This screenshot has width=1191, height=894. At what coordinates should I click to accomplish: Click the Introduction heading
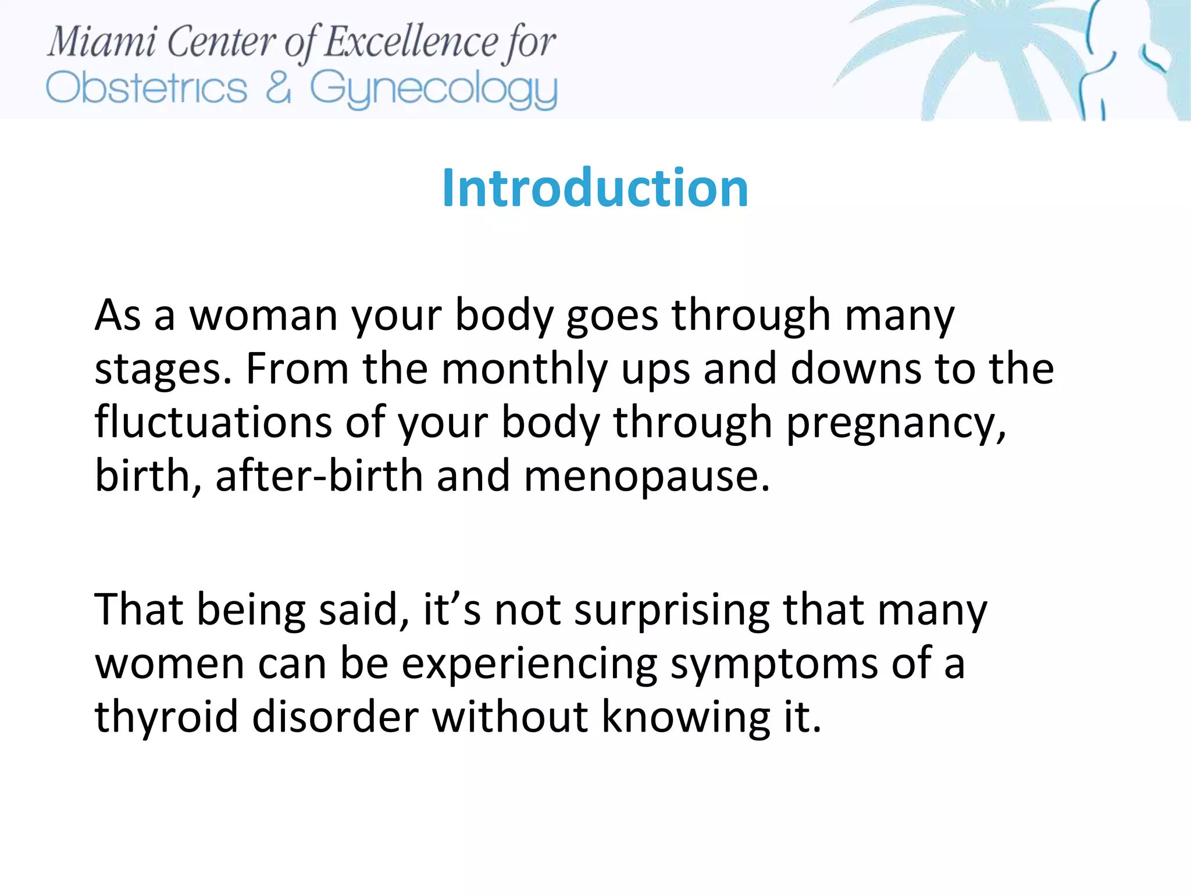(595, 187)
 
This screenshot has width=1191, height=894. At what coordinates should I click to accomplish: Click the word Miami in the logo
(102, 42)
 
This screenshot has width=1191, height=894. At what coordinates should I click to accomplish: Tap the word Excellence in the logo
(411, 42)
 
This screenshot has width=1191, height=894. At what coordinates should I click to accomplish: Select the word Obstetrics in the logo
(147, 88)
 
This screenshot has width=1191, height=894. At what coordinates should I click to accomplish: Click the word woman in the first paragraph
(264, 315)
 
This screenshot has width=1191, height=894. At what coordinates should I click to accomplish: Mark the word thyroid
(166, 718)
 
